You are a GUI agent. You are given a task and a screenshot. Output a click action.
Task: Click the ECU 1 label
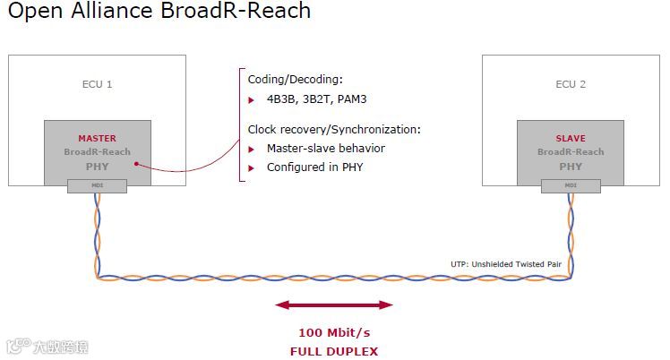[x=97, y=85]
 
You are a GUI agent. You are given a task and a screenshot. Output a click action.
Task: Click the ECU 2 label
[x=571, y=85]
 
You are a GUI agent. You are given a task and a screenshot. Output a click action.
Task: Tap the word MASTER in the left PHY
[x=97, y=139]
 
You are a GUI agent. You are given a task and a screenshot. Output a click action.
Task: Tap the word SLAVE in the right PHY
[x=571, y=139]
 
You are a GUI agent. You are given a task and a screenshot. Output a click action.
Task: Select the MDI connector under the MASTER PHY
[x=97, y=186]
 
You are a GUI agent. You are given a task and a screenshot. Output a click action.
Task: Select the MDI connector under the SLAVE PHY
[x=571, y=186]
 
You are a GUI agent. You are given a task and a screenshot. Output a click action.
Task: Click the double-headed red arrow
[x=334, y=305]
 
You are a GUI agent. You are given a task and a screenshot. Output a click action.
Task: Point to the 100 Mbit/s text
[x=334, y=332]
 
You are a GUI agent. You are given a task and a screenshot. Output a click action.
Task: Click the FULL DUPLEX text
[x=334, y=351]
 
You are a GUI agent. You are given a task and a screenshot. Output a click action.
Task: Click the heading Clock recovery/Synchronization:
[x=333, y=130]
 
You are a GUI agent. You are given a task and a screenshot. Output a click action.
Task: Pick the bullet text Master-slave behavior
[x=326, y=149]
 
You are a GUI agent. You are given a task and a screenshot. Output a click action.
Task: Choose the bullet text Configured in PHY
[x=314, y=167]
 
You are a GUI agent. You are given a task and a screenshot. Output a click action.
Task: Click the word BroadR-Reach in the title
[x=242, y=12]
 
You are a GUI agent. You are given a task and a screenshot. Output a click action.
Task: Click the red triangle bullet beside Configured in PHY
[x=252, y=167]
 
